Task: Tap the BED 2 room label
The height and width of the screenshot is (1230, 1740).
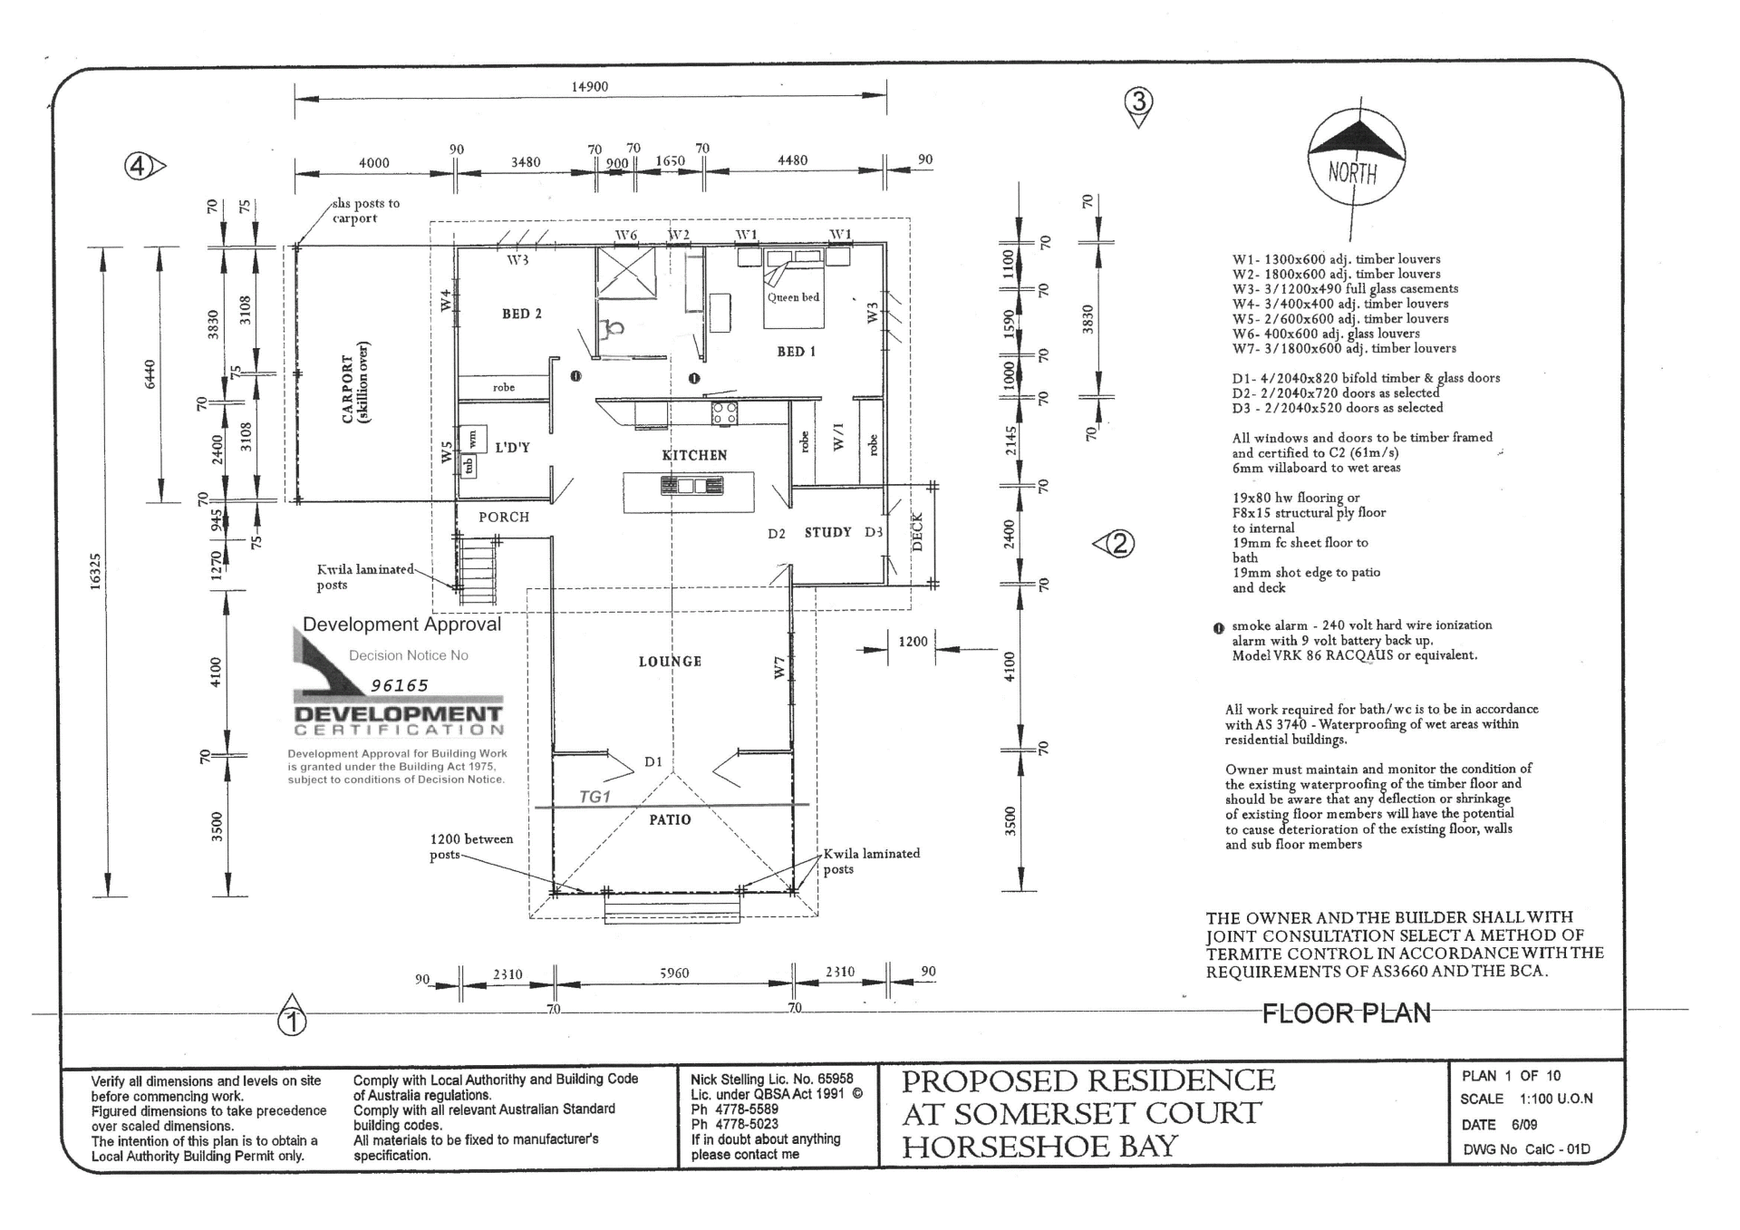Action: pyautogui.click(x=522, y=314)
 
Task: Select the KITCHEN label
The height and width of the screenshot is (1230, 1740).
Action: pyautogui.click(x=694, y=455)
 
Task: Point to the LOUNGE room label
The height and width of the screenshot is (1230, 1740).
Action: pyautogui.click(x=670, y=662)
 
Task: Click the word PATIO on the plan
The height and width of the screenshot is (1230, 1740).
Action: pyautogui.click(x=670, y=819)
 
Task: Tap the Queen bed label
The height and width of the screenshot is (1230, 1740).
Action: pyautogui.click(x=793, y=297)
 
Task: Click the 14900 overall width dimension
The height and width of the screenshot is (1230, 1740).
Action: pyautogui.click(x=590, y=87)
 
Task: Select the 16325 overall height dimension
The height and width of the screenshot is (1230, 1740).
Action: pyautogui.click(x=96, y=572)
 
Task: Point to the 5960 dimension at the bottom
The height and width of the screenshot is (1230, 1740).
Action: pyautogui.click(x=674, y=973)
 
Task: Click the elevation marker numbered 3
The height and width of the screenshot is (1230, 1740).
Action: pyautogui.click(x=1139, y=104)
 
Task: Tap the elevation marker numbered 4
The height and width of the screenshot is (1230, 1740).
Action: pyautogui.click(x=143, y=167)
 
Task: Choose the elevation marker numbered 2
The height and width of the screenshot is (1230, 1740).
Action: pyautogui.click(x=1115, y=544)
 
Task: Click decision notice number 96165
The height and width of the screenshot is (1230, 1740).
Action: pyautogui.click(x=400, y=686)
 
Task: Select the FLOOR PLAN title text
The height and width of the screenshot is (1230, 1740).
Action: pyautogui.click(x=1347, y=1012)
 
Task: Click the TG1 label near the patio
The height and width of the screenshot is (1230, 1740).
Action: pyautogui.click(x=594, y=797)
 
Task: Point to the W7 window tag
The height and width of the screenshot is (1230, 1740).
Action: pyautogui.click(x=779, y=668)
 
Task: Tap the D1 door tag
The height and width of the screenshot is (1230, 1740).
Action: pyautogui.click(x=653, y=761)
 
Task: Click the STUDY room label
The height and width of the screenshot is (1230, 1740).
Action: pyautogui.click(x=828, y=532)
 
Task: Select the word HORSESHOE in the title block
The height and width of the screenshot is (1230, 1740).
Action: pyautogui.click(x=1005, y=1147)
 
